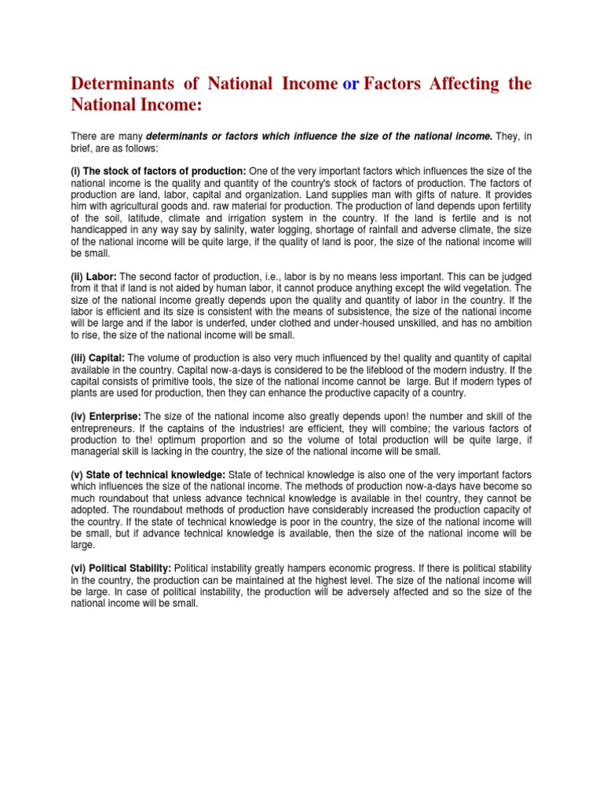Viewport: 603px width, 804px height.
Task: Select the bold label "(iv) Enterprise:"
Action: tap(107, 416)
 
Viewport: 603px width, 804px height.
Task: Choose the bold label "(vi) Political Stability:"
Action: tap(121, 568)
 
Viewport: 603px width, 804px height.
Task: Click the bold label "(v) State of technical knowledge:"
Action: tap(148, 475)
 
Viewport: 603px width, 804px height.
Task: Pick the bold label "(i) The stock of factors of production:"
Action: tap(159, 171)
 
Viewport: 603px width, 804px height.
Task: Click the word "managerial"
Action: tap(97, 451)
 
